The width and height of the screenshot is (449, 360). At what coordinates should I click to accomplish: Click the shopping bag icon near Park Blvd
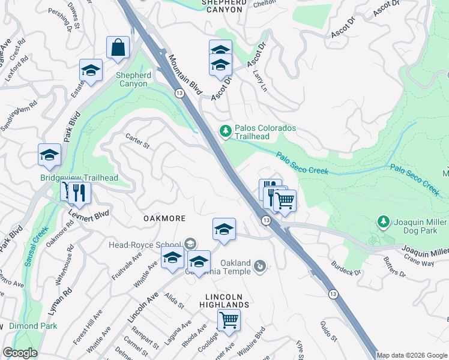[118, 47]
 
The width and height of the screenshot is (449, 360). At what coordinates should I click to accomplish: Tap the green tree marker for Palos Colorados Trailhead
[226, 130]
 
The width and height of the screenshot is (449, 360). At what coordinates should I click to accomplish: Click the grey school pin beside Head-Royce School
[190, 243]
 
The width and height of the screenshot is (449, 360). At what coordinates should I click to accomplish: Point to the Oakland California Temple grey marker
[260, 265]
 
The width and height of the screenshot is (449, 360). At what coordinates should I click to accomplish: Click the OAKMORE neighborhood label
[164, 218]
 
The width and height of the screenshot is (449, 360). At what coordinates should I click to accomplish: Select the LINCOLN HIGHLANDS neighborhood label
[227, 301]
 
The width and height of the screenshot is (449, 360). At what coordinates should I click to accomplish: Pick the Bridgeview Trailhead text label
[79, 178]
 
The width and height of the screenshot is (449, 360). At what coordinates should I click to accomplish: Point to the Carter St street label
[137, 141]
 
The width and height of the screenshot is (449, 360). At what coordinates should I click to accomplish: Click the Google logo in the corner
[20, 353]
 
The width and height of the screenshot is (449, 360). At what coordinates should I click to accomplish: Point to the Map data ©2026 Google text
[412, 355]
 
